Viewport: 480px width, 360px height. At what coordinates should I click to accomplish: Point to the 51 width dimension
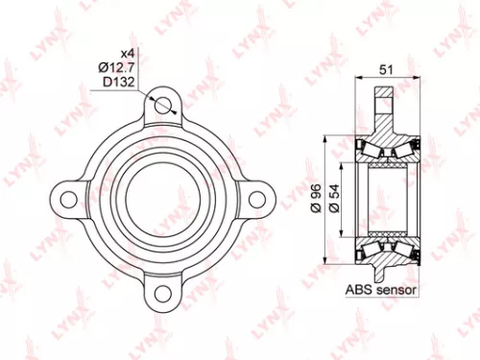[x=386, y=68]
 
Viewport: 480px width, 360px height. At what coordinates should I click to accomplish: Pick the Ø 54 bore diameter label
[x=332, y=198]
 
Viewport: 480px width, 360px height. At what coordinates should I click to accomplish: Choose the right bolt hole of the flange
[x=255, y=198]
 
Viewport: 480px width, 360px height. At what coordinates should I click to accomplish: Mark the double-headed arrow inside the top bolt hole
[x=163, y=106]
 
